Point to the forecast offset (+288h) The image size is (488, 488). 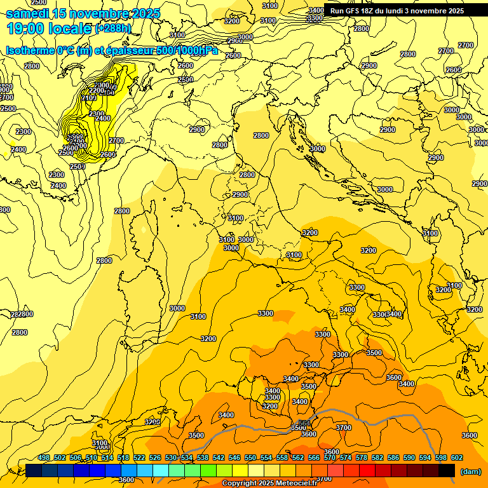[114, 29]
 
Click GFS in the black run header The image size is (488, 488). [355, 10]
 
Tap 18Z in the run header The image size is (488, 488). [374, 10]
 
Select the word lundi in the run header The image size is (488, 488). [406, 10]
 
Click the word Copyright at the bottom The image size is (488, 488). [239, 484]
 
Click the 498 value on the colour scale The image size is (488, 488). [44, 457]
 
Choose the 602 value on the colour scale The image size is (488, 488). [457, 457]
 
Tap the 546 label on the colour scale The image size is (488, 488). [234, 457]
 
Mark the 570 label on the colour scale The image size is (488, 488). [330, 457]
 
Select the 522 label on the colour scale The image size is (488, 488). [139, 457]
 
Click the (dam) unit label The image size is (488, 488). [470, 471]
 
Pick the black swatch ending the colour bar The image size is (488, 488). [447, 470]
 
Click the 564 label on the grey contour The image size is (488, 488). [304, 423]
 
